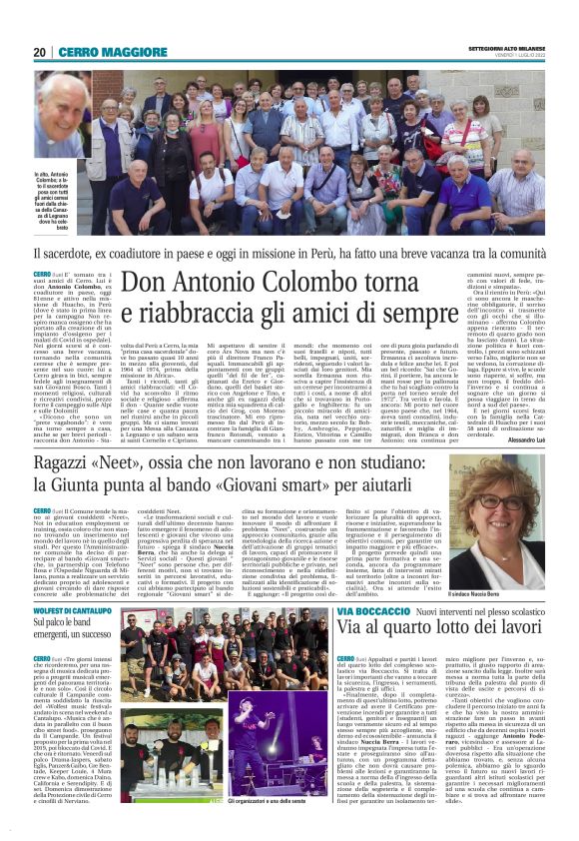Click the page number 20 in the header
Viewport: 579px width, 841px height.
[40, 52]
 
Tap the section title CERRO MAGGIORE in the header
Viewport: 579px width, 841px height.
[99, 52]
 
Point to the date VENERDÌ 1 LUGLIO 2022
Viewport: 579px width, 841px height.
[512, 57]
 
